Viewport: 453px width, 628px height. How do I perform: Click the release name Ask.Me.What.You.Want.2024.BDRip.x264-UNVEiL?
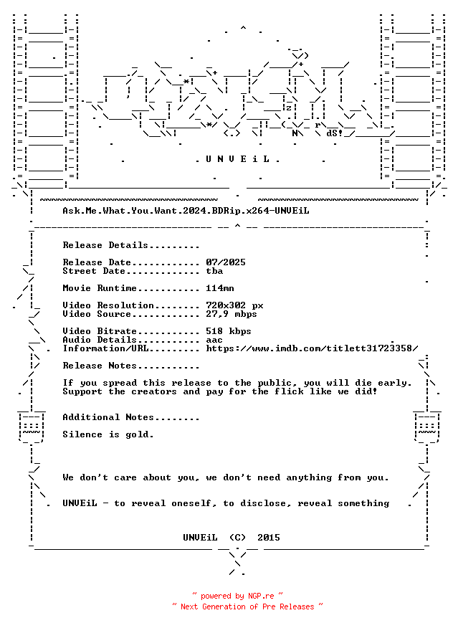coord(186,211)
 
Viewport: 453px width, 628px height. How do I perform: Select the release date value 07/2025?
coord(226,262)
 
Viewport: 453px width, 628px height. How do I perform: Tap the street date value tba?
coord(215,271)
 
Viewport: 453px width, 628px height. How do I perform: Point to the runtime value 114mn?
coord(220,288)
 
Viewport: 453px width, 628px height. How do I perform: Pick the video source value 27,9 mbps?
coord(232,314)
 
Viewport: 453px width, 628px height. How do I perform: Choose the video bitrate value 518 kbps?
coord(229,331)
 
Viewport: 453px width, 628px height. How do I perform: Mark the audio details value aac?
coord(214,340)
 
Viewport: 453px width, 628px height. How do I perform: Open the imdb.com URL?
coord(312,348)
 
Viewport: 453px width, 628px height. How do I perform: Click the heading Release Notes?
coord(100,366)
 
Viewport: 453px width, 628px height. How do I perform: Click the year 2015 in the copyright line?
coord(269,538)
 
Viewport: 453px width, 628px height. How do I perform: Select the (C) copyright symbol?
coord(237,538)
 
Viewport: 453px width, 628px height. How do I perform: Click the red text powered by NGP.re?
coord(237,596)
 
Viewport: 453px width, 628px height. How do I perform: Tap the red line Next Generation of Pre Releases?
coord(247,606)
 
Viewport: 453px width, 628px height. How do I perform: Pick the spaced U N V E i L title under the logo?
coord(237,159)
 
